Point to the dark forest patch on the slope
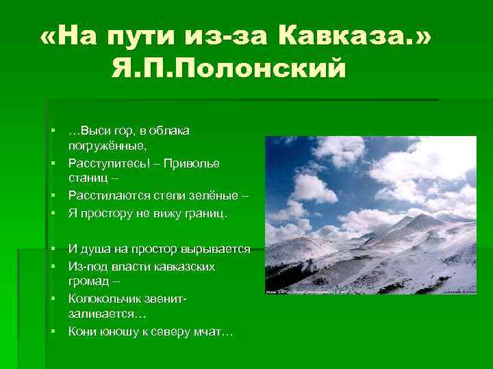tap(281, 277)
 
